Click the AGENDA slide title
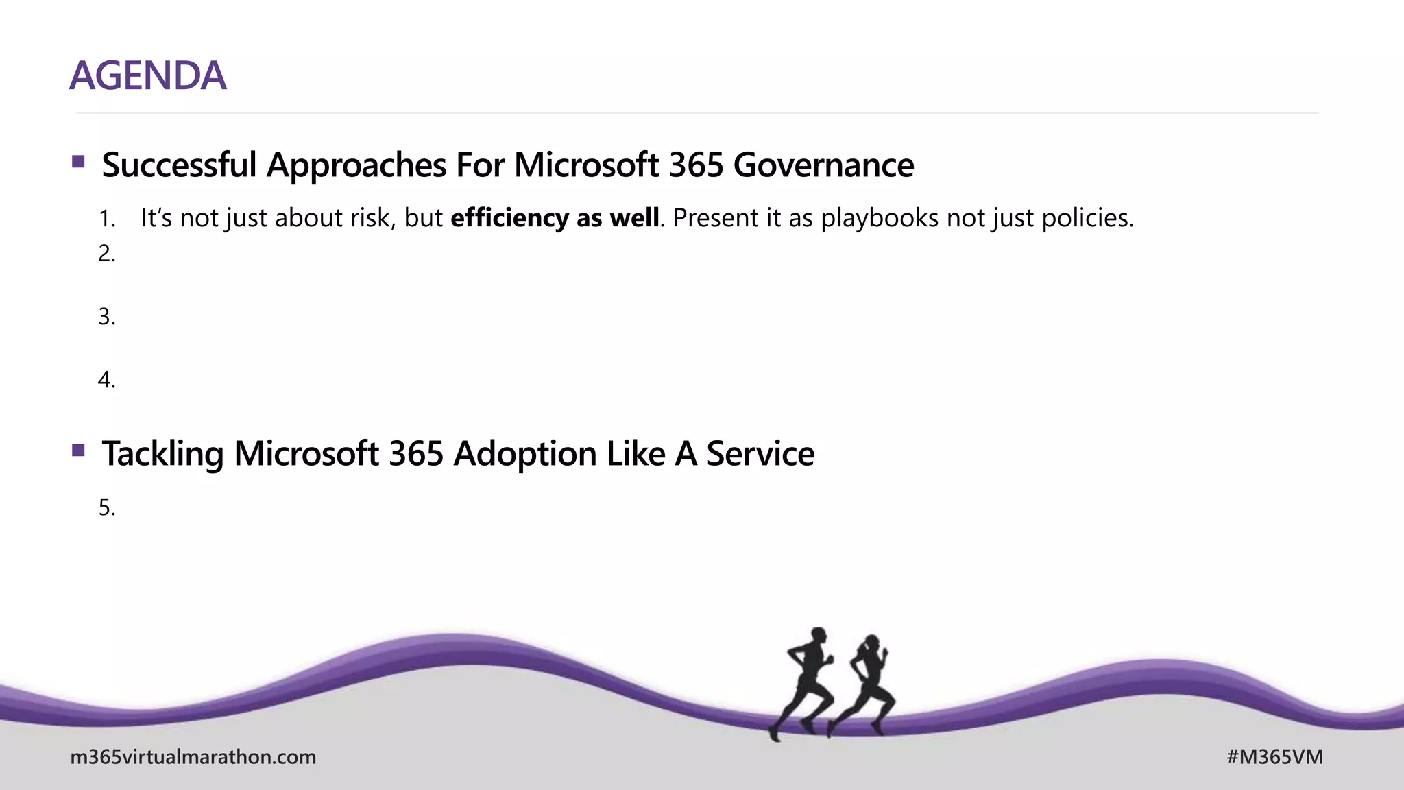click(147, 75)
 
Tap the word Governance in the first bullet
click(823, 165)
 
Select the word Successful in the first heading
click(179, 165)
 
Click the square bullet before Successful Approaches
click(78, 162)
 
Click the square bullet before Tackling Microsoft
click(78, 451)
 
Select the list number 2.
click(106, 254)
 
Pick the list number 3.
click(106, 317)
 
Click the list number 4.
click(106, 380)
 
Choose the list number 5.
click(106, 507)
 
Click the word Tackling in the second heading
click(162, 454)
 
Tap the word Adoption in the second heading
click(524, 454)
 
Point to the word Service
click(760, 454)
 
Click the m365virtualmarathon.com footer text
click(193, 757)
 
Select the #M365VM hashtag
click(1274, 757)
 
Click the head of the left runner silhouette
click(818, 635)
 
